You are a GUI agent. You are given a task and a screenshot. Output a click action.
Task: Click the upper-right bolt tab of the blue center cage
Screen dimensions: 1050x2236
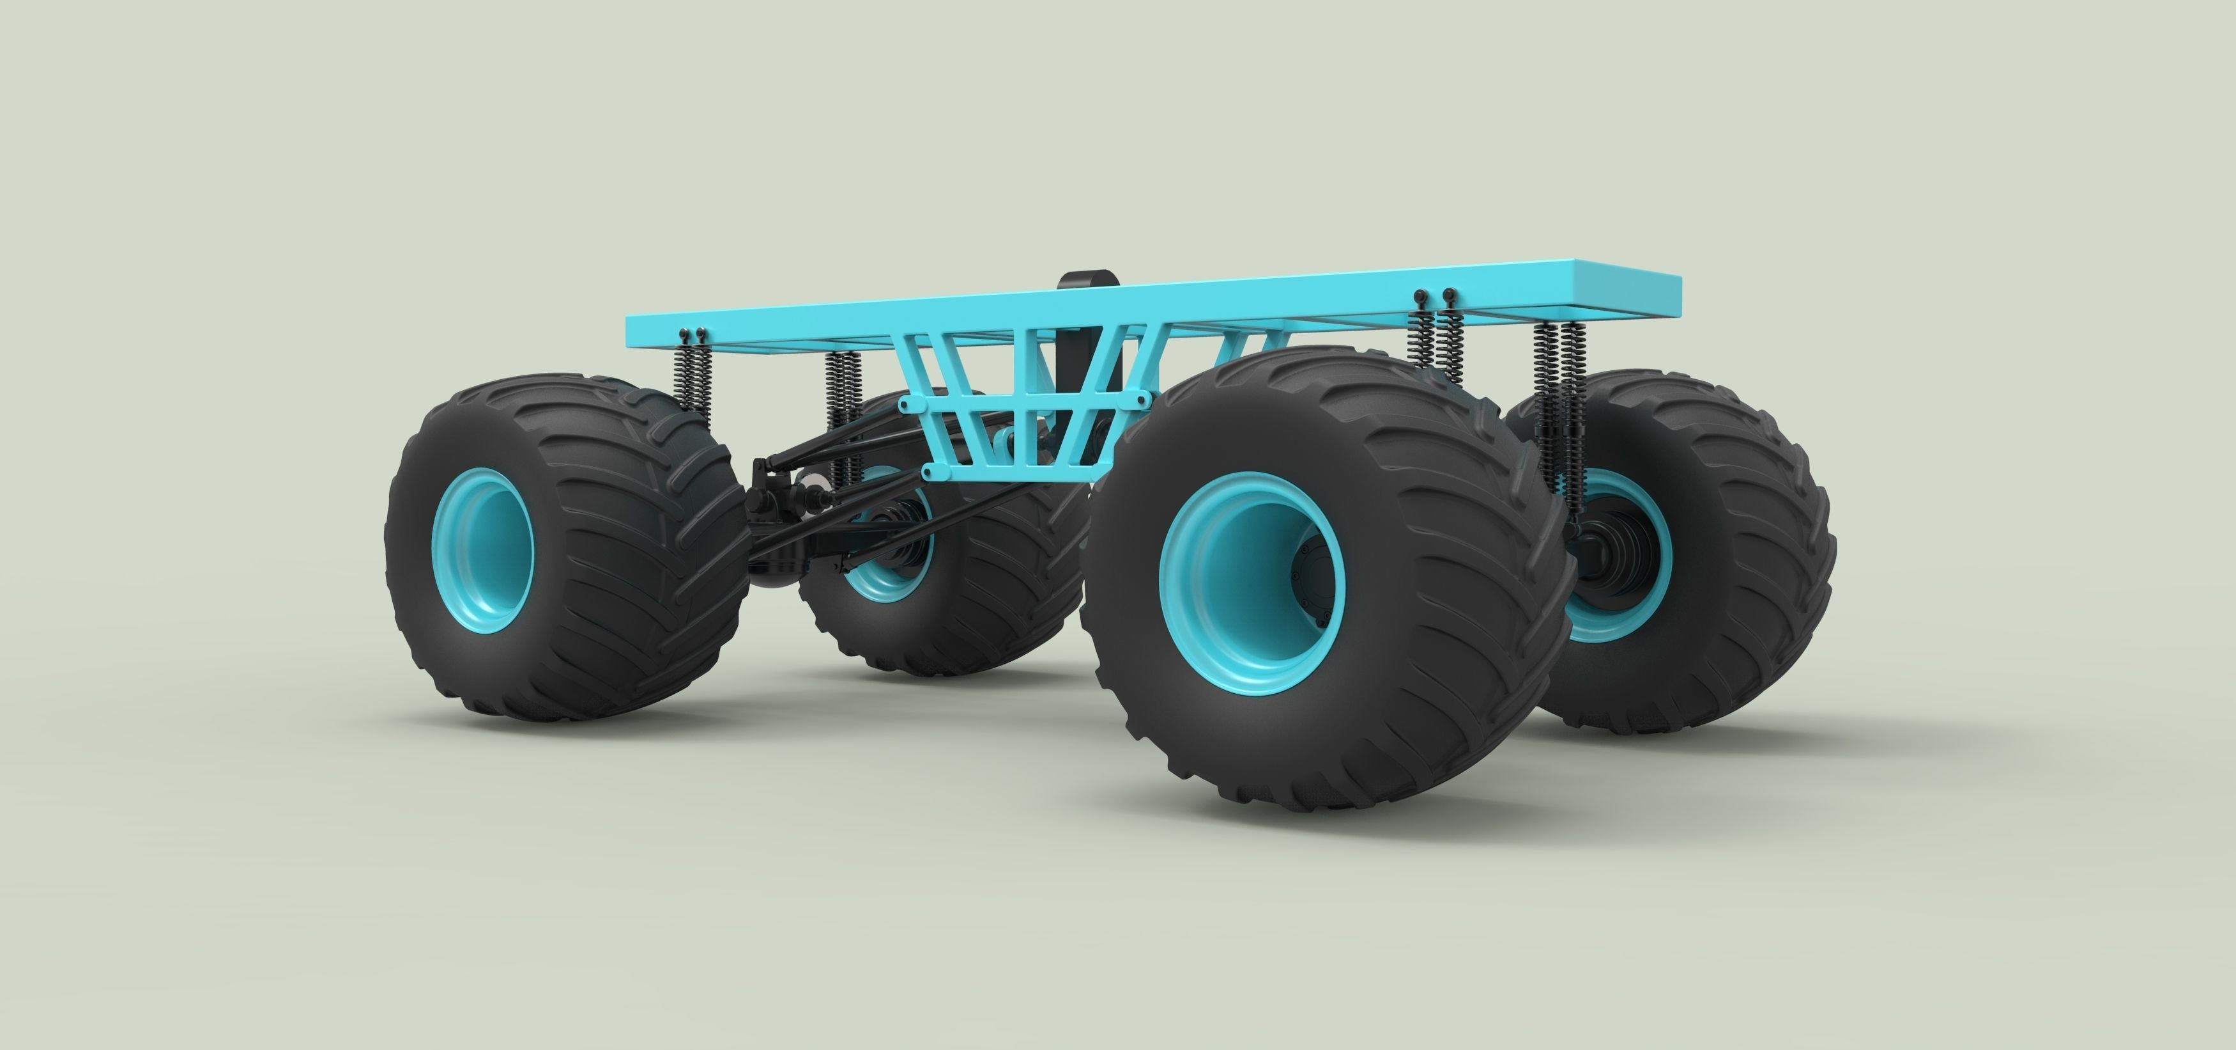coord(1142,398)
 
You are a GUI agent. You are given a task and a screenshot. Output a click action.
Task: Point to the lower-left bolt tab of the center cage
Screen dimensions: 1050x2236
coord(931,473)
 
